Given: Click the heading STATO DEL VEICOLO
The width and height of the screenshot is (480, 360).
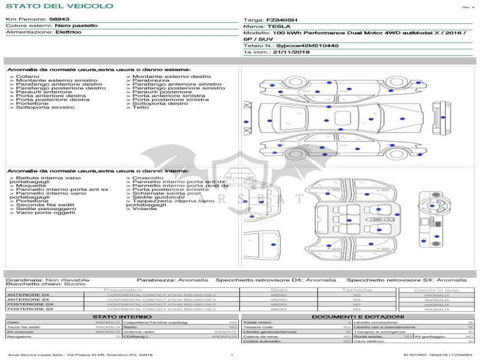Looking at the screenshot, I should coord(59,6).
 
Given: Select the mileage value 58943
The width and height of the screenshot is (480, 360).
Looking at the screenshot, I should coord(59,19).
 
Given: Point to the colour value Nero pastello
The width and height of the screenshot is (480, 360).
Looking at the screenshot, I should coord(76,26).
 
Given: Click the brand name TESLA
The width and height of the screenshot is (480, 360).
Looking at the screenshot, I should coord(278,26).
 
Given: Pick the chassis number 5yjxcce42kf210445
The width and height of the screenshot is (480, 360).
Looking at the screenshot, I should coord(307,46).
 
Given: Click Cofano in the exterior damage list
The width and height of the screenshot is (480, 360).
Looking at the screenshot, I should coord(28,77).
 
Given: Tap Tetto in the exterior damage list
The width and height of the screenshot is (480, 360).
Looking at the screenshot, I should coord(141,107).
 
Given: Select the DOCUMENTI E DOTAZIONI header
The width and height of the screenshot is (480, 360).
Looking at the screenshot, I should coord(358,316).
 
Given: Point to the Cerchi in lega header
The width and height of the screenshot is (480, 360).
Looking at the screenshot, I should coord(437,290).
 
